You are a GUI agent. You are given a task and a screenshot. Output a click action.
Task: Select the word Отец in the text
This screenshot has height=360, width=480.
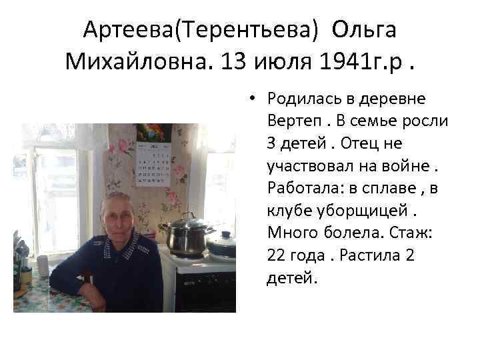click(x=382, y=143)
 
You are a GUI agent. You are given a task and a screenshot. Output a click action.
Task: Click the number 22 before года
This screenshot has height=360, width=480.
click(x=277, y=255)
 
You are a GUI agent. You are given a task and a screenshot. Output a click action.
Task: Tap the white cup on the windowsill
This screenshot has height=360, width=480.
click(x=43, y=263)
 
